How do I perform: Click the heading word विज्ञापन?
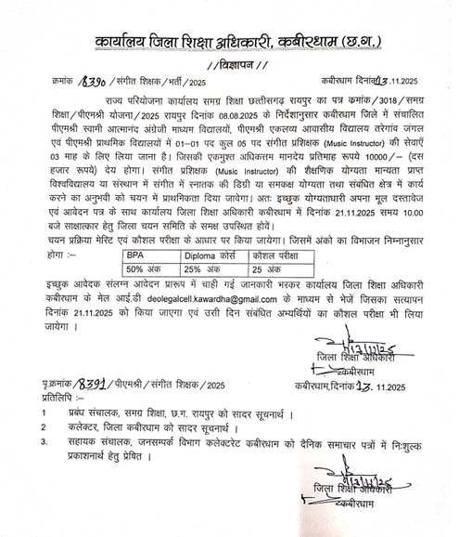pos(228,64)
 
